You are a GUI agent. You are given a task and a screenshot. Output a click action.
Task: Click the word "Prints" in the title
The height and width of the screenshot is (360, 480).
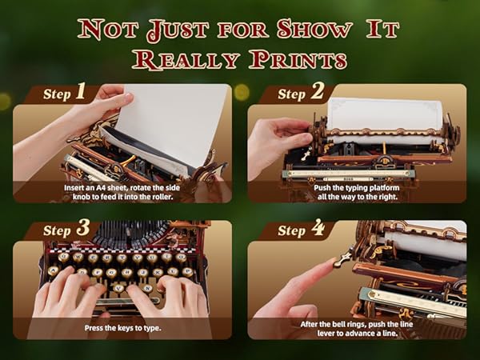point(298,60)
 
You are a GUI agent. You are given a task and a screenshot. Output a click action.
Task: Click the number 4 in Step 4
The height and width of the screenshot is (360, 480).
point(318,230)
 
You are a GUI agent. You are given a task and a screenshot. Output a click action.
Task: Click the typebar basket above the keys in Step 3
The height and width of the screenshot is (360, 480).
point(128,234)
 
